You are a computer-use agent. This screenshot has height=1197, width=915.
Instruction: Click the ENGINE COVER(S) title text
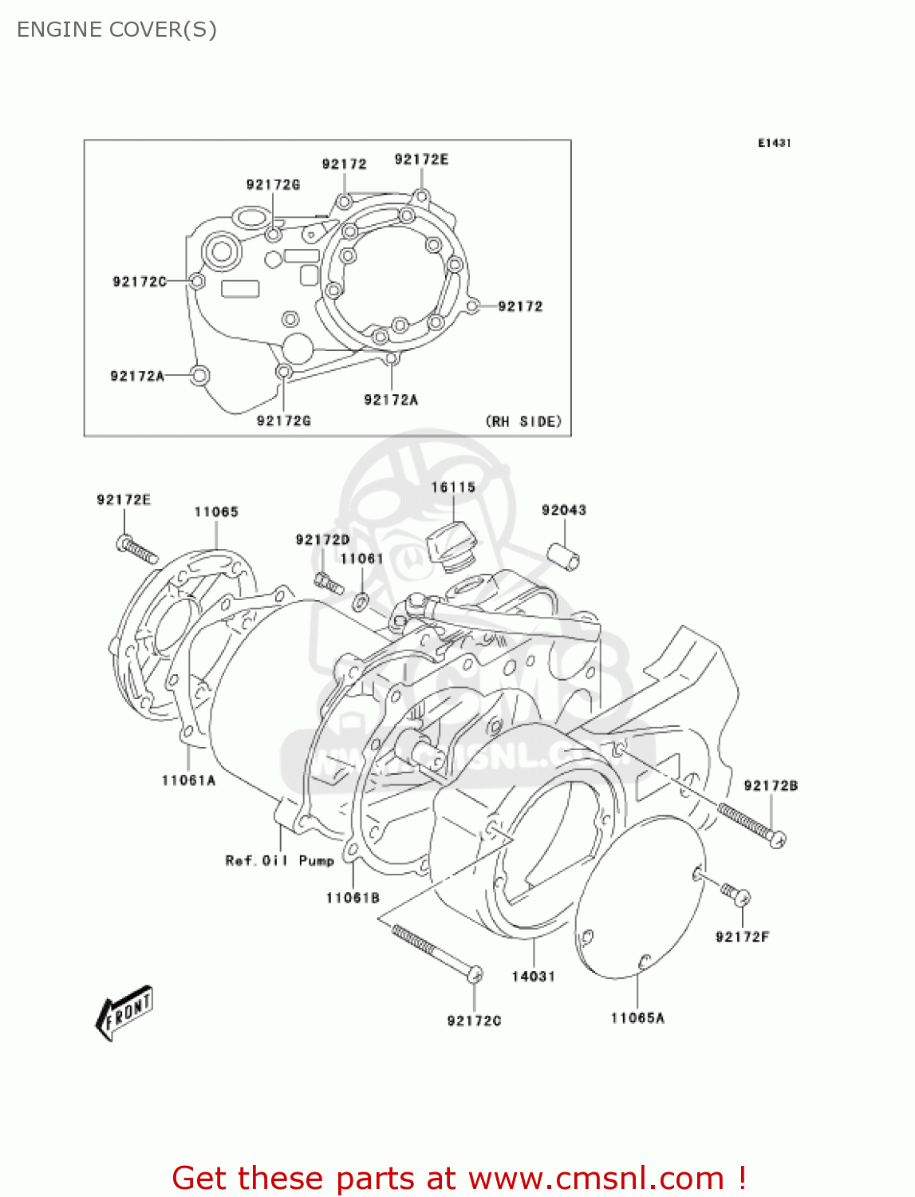(116, 30)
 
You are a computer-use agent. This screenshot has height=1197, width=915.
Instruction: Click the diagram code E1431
(774, 143)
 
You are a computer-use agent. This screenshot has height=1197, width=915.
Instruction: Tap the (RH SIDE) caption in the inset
(523, 421)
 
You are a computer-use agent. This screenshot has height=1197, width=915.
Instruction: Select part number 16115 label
(453, 487)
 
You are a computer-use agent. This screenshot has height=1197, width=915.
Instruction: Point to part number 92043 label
(563, 510)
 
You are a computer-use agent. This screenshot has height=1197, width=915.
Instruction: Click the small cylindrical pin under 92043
(564, 556)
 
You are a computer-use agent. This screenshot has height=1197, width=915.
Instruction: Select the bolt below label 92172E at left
(138, 549)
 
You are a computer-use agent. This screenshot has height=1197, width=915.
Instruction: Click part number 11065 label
(216, 512)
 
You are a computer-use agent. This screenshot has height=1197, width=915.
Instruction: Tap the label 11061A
(188, 780)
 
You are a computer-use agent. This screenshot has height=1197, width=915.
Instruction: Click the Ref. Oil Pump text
(279, 860)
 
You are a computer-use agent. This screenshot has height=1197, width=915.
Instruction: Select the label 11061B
(352, 898)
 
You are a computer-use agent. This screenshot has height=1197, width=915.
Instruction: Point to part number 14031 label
(533, 976)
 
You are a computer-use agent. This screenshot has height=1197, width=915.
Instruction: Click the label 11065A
(637, 1017)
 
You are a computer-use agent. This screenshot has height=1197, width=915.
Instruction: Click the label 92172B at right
(770, 785)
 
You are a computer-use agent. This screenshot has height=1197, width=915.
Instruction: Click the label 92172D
(322, 539)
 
